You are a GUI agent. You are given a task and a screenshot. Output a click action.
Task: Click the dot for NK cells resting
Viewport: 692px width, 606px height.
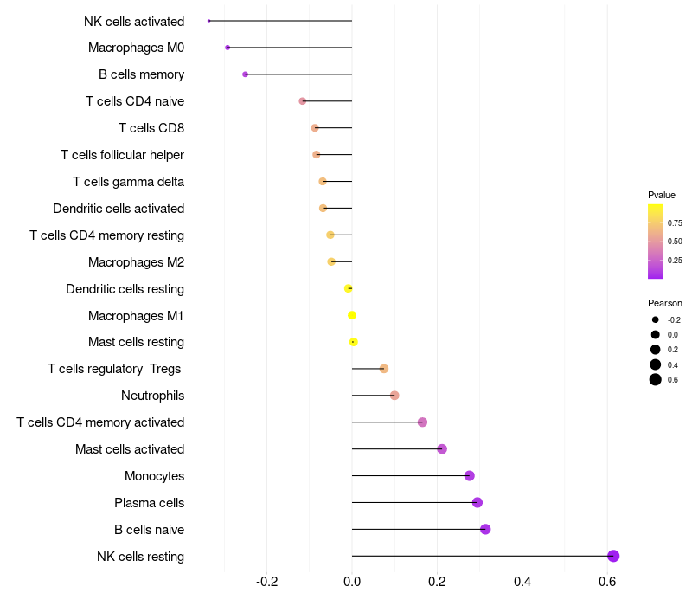(x=613, y=556)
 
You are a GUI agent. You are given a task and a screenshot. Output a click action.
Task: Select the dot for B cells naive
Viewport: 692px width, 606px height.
(x=485, y=529)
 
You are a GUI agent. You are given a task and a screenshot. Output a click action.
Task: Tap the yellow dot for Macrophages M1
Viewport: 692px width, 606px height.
(x=352, y=315)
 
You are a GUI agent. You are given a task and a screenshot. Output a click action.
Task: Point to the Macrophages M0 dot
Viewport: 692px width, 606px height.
(x=227, y=48)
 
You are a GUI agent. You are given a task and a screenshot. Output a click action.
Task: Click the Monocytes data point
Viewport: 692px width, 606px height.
(x=470, y=475)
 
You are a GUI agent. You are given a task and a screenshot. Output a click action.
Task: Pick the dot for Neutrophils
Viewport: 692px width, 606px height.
(x=394, y=396)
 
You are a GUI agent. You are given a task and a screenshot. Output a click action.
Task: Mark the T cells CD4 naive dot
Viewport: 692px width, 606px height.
(x=302, y=101)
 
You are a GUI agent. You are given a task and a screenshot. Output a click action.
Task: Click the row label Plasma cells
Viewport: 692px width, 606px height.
(x=149, y=503)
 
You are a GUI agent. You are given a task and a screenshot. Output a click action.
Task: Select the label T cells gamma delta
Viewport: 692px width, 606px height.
(x=128, y=182)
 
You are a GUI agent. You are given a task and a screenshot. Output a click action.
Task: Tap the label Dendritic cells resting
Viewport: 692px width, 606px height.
(x=125, y=289)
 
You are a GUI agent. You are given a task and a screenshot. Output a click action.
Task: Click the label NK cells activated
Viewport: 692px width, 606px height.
(x=134, y=21)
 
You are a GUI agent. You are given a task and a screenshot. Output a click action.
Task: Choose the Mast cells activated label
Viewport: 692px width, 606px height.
(x=130, y=449)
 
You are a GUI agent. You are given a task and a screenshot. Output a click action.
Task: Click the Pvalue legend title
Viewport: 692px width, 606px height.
(x=662, y=195)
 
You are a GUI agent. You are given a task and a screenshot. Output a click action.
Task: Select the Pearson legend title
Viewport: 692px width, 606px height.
(x=665, y=303)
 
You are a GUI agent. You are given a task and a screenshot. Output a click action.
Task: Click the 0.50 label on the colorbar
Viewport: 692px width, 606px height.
(x=675, y=242)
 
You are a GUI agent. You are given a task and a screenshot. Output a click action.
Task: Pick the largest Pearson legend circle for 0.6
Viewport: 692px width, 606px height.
(x=656, y=379)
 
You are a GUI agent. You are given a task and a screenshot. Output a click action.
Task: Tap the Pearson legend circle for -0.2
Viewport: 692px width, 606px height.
(x=656, y=319)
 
